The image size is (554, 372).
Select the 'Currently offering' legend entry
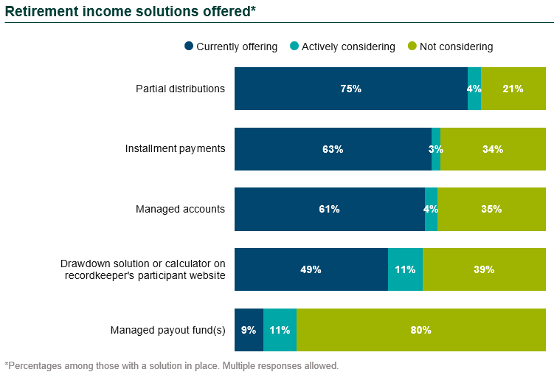(231, 46)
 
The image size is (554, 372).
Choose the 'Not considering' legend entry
(450, 46)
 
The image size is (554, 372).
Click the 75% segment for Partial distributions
(350, 89)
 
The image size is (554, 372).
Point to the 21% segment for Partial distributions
(513, 89)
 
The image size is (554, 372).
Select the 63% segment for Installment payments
(333, 149)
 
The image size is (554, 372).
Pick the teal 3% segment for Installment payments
(436, 149)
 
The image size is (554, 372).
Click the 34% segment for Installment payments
(493, 149)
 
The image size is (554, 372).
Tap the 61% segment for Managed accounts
(329, 209)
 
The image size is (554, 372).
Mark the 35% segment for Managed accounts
(491, 209)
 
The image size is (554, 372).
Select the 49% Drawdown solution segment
(311, 269)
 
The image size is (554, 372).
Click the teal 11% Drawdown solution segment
(405, 269)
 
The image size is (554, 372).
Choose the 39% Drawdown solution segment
(484, 269)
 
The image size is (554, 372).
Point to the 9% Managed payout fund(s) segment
(249, 330)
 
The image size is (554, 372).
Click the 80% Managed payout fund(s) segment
(420, 330)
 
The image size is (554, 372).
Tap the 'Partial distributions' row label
(180, 89)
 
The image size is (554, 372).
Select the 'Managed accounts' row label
(180, 209)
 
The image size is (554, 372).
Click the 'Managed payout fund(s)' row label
(167, 330)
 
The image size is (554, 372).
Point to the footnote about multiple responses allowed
(171, 365)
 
